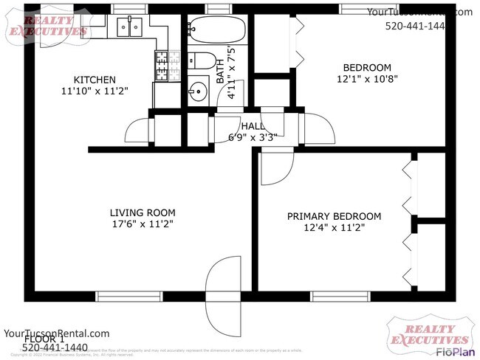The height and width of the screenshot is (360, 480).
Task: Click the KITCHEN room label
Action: [94, 80]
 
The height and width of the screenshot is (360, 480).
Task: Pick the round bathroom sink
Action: [198, 92]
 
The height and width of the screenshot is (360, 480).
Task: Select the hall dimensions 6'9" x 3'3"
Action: [252, 137]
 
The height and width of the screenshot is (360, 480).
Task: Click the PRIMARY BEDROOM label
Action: [334, 216]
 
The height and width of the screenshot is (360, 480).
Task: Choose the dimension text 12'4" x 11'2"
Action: [334, 228]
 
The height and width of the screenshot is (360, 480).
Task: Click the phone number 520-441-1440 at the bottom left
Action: [55, 347]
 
